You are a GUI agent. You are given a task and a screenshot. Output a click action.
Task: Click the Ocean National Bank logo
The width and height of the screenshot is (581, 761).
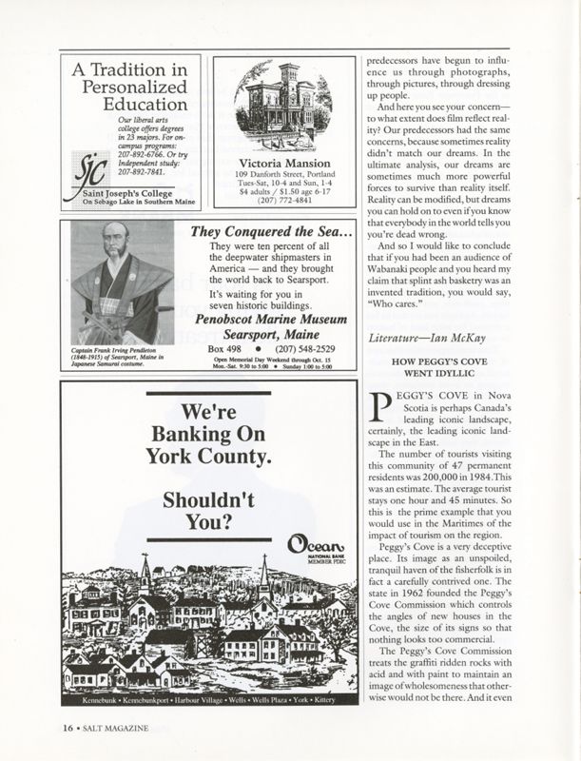coord(310,547)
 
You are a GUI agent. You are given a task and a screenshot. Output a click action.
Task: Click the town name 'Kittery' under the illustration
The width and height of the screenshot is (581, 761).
coord(323,727)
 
